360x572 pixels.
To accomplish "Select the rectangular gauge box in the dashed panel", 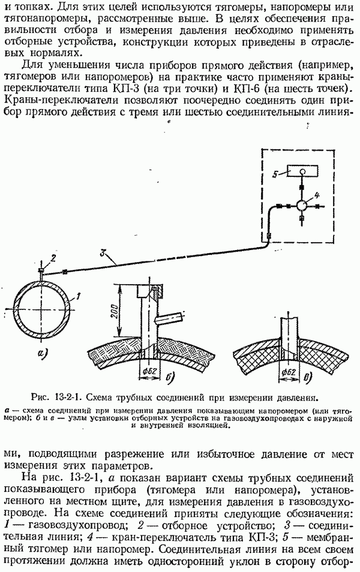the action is click(302, 171).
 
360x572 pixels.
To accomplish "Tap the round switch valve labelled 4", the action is click(302, 206).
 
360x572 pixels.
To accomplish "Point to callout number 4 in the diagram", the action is click(316, 193).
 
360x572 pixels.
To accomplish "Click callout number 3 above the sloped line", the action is click(104, 252).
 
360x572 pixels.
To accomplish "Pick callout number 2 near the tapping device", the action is click(53, 258).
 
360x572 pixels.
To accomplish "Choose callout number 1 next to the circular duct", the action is click(79, 296).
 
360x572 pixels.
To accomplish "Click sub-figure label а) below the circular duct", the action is click(43, 353).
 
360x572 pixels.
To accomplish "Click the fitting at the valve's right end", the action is click(317, 206).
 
